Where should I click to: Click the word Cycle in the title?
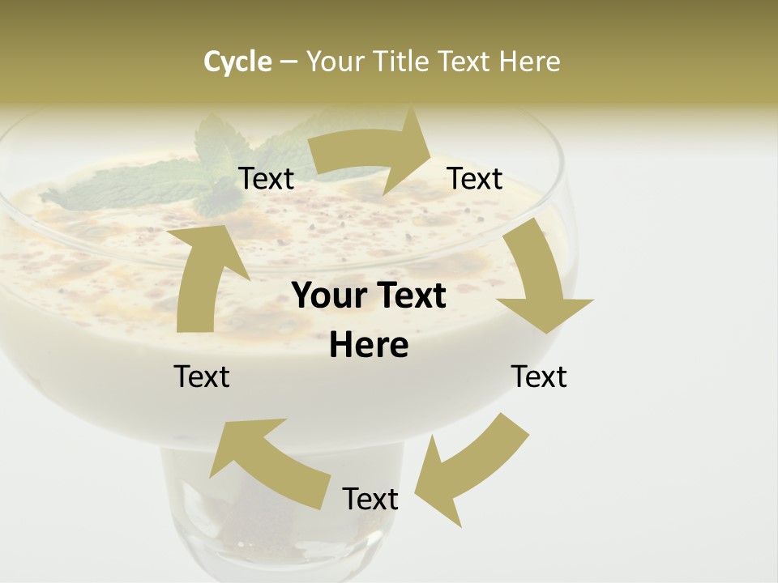237,62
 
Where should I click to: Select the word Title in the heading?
403,62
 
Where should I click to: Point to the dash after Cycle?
289,62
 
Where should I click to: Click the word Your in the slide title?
335,62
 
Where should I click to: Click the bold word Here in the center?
369,346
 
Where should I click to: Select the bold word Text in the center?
408,296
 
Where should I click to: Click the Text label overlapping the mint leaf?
267,179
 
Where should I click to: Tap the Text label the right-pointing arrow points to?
475,179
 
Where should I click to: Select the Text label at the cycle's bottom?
370,499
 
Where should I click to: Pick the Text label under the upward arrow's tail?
202,377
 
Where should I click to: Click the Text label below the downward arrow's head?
539,377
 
